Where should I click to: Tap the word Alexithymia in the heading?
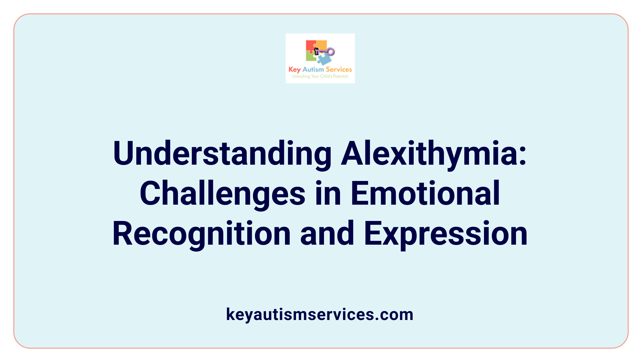coord(429,154)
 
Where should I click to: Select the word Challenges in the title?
coord(222,194)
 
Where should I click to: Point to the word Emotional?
coord(425,194)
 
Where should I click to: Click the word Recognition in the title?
coord(202,234)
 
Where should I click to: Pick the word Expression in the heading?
coord(446,234)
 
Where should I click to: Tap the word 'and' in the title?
coord(327,234)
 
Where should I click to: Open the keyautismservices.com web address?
coord(320,314)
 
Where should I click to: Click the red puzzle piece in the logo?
coord(310,46)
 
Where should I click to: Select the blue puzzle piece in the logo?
coord(324,60)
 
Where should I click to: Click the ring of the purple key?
coord(331,52)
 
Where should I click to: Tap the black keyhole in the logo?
coord(317,51)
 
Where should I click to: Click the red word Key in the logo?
coord(294,69)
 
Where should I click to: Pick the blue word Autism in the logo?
coord(313,69)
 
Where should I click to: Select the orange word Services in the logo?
coord(339,69)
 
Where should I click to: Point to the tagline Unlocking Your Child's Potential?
coord(320,76)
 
